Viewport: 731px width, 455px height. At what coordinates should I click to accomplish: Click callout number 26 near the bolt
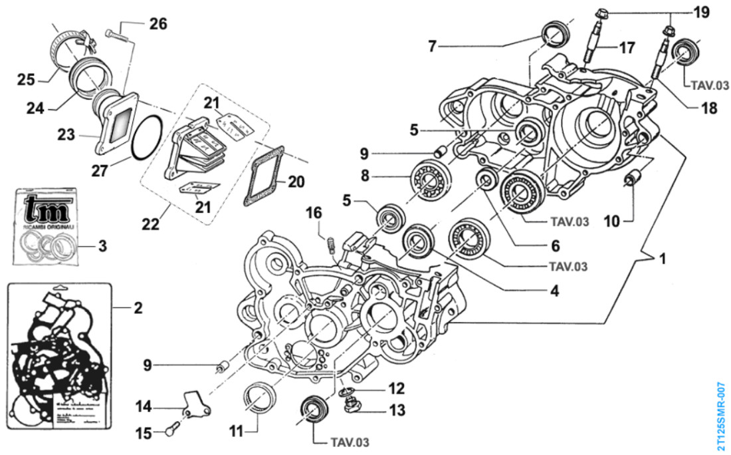tap(157, 24)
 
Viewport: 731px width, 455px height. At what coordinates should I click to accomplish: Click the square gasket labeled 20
tap(266, 176)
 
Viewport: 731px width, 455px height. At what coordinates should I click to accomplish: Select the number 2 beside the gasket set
tap(138, 307)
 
